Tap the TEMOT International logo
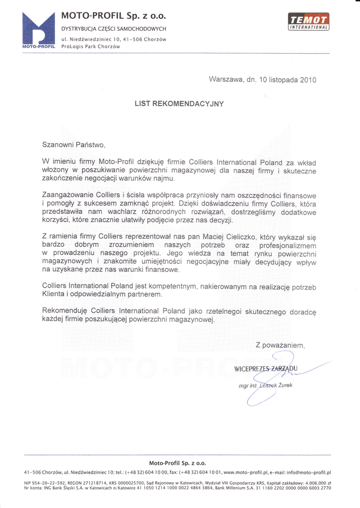tap(308, 22)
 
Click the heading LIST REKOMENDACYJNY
tap(179, 104)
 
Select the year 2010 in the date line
tap(308, 79)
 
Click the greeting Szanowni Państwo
tap(74, 145)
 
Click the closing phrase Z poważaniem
tap(280, 345)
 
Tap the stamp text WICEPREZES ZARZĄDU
tap(265, 368)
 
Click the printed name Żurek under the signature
tap(286, 385)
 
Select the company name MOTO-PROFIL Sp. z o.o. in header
tap(114, 16)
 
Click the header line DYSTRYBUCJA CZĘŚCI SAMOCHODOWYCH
tap(114, 29)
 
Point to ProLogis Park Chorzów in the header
tap(90, 46)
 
